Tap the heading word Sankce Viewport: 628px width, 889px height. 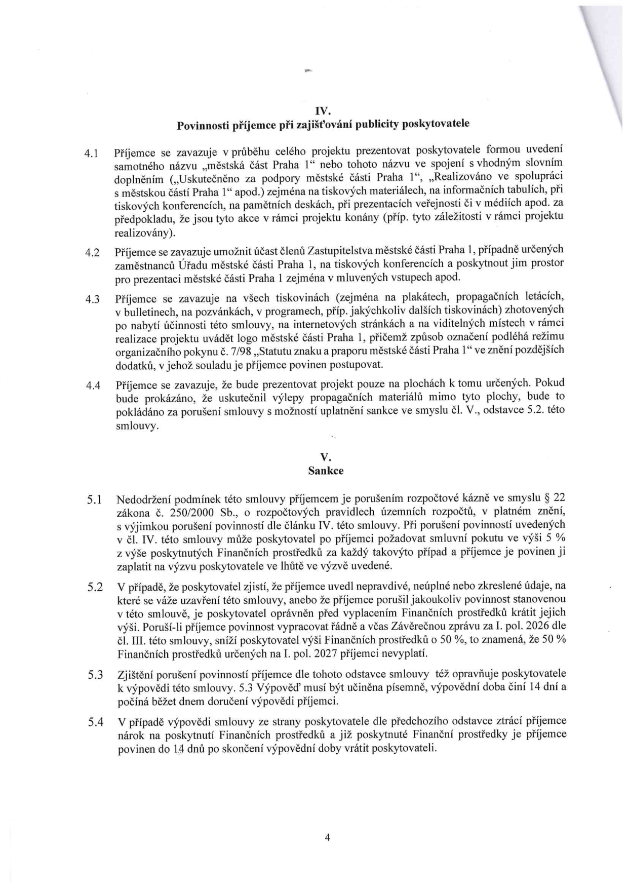tap(326, 471)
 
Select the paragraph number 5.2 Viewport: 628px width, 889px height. tap(95, 588)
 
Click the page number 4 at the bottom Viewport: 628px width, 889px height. tap(327, 838)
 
